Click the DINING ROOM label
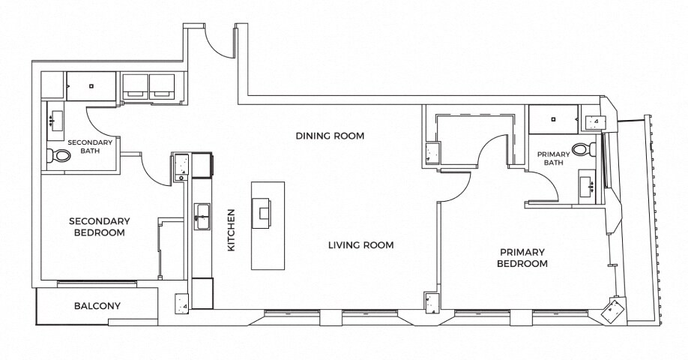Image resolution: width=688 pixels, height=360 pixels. tap(330, 136)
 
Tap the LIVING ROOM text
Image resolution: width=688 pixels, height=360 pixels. tap(361, 245)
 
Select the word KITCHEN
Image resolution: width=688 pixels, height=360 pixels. tap(232, 230)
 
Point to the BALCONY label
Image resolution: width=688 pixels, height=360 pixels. tap(97, 305)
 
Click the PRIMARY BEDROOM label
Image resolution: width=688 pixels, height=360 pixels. tap(522, 258)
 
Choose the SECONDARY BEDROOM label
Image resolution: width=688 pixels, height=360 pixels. tap(99, 226)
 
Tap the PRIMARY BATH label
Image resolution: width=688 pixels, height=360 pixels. tap(554, 158)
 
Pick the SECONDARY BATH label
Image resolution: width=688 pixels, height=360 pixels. tap(90, 147)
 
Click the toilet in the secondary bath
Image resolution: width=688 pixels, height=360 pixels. tap(58, 155)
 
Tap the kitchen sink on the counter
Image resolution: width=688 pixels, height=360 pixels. tap(202, 217)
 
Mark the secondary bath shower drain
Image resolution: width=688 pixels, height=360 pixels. tap(91, 86)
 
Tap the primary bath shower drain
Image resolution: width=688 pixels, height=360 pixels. tap(554, 118)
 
